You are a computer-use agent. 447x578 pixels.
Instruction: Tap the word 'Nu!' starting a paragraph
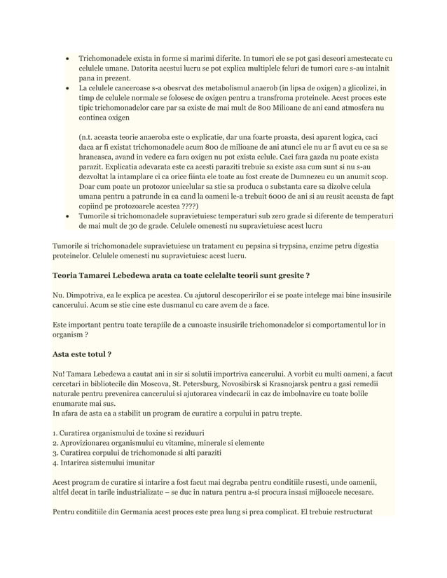[x=61, y=369]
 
